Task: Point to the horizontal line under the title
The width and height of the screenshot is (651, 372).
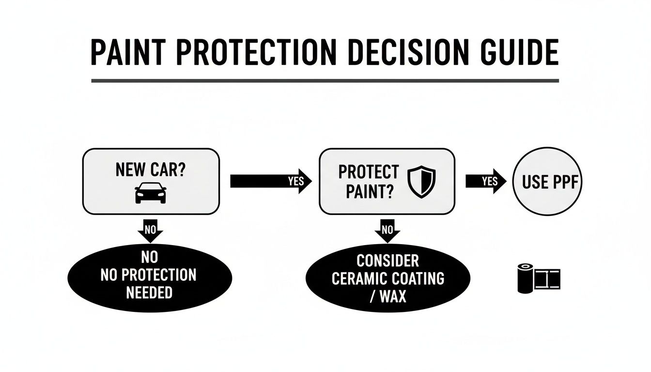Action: click(x=325, y=80)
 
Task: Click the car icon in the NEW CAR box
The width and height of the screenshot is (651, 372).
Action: click(x=150, y=193)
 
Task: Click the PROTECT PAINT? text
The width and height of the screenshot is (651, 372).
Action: click(x=369, y=182)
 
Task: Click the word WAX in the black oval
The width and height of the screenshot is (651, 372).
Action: click(x=393, y=295)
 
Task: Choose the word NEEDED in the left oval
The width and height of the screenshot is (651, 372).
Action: click(x=149, y=293)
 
